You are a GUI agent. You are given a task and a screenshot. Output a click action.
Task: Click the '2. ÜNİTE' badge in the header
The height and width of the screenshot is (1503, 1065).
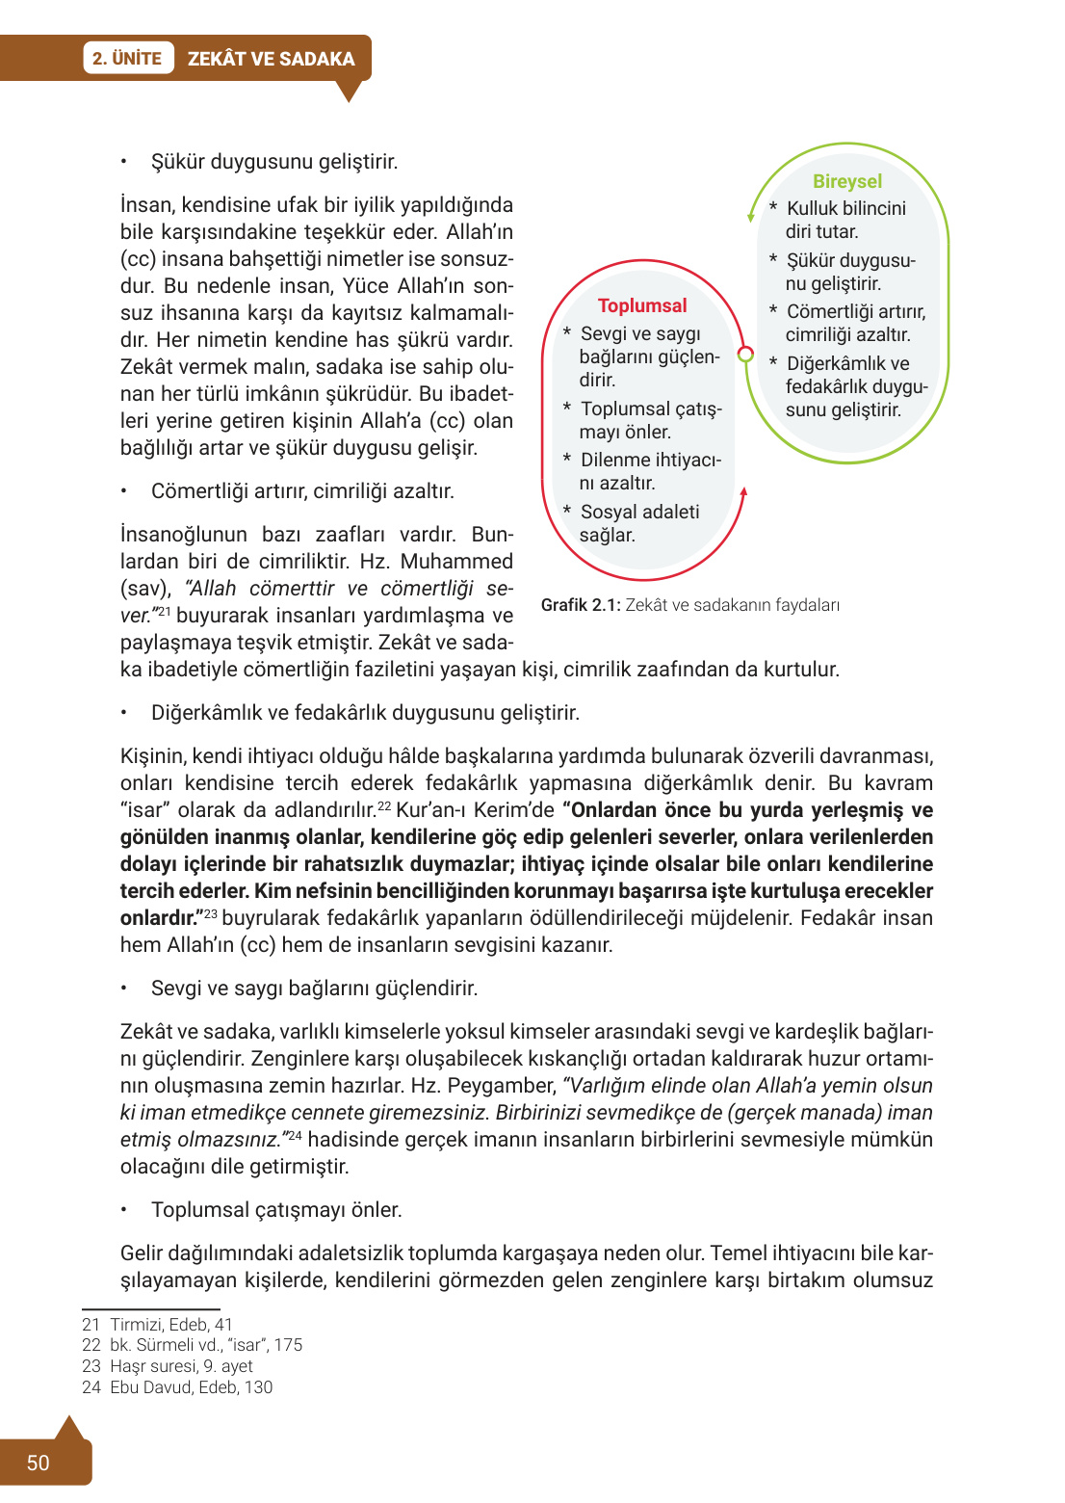[x=127, y=59]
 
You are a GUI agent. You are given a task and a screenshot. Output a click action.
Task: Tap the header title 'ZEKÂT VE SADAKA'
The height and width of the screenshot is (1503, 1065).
[x=271, y=59]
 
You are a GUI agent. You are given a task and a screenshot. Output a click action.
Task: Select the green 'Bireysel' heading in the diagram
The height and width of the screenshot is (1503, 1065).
[x=846, y=181]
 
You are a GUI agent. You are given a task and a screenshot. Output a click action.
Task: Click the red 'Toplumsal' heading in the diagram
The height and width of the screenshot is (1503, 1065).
[x=642, y=305]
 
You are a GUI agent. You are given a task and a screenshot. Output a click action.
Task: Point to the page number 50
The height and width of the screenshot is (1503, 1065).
[x=38, y=1463]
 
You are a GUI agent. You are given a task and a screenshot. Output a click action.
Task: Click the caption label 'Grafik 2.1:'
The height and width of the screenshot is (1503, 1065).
[x=581, y=605]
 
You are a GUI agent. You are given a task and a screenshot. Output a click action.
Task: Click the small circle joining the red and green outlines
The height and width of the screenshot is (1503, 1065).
[x=744, y=354]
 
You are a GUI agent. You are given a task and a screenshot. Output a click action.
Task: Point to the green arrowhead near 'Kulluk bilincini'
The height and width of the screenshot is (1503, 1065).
[x=751, y=216]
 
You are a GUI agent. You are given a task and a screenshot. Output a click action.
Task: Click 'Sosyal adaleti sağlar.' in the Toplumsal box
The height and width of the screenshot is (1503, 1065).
[x=638, y=523]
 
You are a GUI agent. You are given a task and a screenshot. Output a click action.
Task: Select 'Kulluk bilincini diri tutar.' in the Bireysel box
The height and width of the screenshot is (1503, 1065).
[x=844, y=220]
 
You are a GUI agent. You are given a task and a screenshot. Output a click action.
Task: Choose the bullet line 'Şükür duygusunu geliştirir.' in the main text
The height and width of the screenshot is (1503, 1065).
[x=273, y=162]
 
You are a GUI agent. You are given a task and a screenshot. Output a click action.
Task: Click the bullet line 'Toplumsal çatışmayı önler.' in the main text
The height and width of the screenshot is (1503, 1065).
[x=275, y=1210]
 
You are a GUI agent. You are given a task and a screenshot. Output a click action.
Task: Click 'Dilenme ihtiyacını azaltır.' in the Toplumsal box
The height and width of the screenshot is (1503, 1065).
[x=649, y=471]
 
